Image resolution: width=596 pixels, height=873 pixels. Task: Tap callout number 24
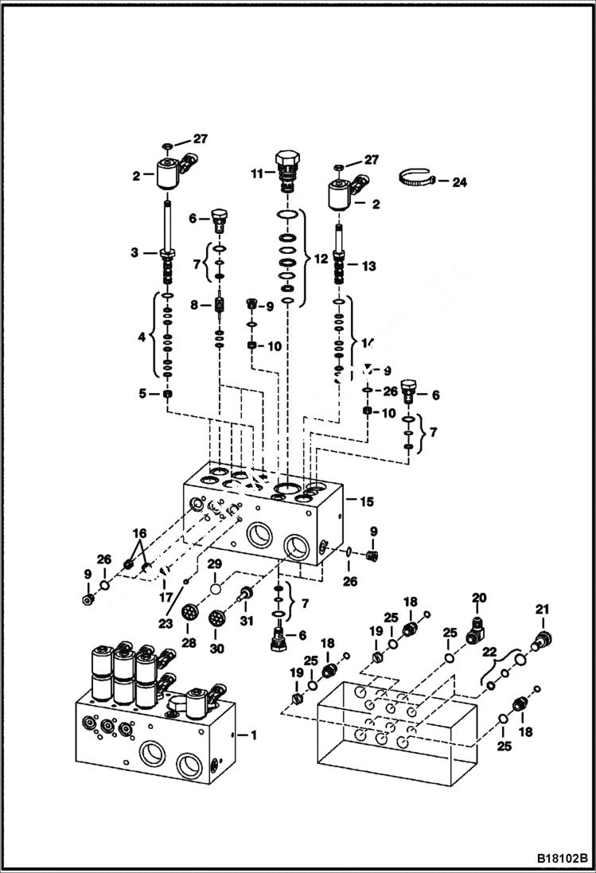point(459,182)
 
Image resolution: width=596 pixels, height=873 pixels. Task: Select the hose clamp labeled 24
point(418,181)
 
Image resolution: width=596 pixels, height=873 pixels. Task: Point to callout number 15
point(366,501)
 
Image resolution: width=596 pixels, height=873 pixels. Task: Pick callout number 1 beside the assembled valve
point(254,735)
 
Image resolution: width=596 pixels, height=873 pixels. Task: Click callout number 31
point(247,622)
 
